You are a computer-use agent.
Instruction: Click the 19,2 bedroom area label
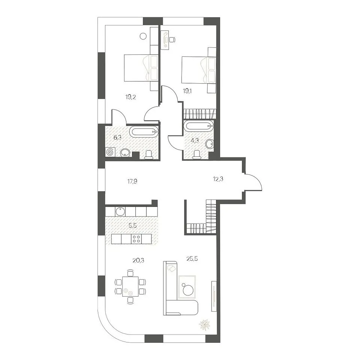[x=130, y=97]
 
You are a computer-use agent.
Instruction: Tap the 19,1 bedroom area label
[x=187, y=91]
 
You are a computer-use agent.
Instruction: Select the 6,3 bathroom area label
[x=117, y=138]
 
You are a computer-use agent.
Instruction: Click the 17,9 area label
[x=132, y=182]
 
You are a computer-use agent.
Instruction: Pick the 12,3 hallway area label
[x=218, y=179]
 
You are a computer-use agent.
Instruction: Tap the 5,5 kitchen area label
[x=132, y=225]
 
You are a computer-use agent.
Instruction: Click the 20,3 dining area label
[x=138, y=260]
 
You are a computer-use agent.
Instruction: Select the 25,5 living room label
[x=192, y=259]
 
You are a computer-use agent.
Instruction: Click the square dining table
[x=130, y=286]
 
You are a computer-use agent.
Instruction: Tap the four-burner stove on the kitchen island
[x=136, y=239]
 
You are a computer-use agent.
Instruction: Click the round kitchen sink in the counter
[x=120, y=211]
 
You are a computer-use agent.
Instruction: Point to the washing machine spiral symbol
[x=110, y=152]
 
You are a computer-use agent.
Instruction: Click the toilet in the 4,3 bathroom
[x=197, y=155]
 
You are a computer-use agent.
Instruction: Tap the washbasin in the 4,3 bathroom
[x=210, y=144]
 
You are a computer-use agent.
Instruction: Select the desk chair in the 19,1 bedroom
[x=172, y=39]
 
